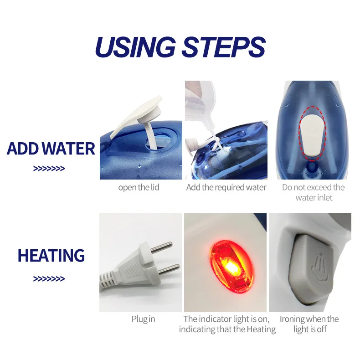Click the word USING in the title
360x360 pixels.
(x=135, y=47)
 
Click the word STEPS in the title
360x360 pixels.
(x=224, y=47)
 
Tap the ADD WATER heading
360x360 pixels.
(x=51, y=149)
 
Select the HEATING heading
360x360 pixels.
(x=51, y=255)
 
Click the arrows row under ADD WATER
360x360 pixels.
(x=49, y=169)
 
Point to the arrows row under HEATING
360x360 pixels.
(x=49, y=279)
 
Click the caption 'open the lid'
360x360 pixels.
(x=139, y=188)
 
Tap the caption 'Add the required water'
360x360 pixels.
(x=226, y=187)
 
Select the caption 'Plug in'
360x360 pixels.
(x=143, y=319)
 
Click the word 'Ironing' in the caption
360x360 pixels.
(x=292, y=319)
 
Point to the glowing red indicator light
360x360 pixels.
(x=231, y=267)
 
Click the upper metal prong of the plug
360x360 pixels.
(x=161, y=247)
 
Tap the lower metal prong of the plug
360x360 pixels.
(x=169, y=270)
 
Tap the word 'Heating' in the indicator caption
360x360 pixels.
(x=261, y=329)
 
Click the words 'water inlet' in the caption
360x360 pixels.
(x=314, y=198)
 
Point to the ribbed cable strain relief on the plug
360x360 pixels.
(x=108, y=279)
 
